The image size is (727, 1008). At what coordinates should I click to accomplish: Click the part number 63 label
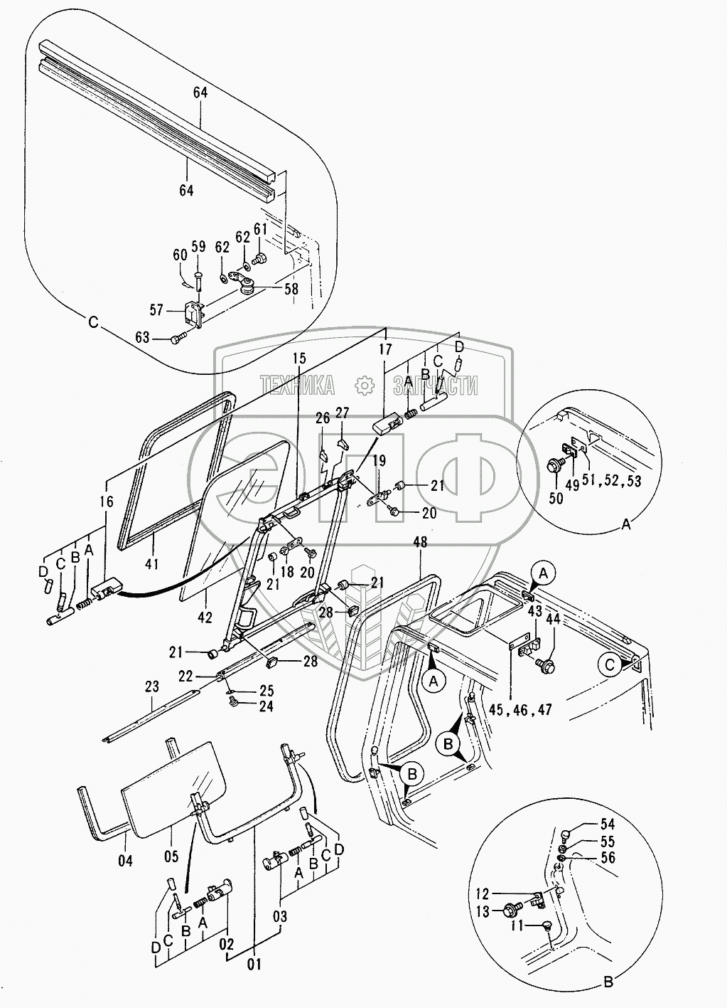pos(143,337)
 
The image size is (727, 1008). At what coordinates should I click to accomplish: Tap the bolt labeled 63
pos(177,339)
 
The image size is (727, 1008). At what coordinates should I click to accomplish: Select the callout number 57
pos(156,309)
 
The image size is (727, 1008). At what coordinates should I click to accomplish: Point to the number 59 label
pos(198,246)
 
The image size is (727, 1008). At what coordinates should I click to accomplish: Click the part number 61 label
pos(260,230)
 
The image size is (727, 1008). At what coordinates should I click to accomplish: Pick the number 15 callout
pos(299,359)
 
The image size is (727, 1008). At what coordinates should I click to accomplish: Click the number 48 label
pos(420,542)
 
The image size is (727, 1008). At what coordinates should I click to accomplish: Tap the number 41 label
pos(152,563)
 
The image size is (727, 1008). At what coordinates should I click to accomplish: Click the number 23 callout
pos(152,686)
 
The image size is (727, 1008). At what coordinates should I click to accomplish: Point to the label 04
pos(126,861)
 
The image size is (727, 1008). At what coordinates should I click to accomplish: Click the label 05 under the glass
pos(171,856)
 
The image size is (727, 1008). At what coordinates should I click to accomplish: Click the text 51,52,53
pos(611,481)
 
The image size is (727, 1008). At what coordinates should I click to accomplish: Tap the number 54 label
pos(608,824)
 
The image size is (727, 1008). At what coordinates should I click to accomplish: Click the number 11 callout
pos(517,935)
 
